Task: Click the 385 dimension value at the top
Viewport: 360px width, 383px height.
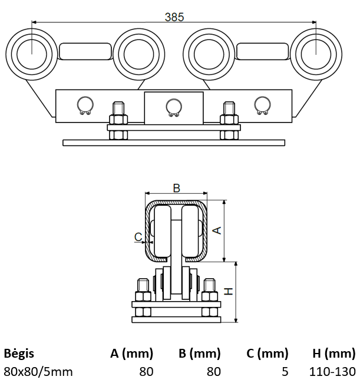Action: (174, 17)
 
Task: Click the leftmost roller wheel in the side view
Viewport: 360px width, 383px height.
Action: (31, 52)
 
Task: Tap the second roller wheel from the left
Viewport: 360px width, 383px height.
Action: (137, 52)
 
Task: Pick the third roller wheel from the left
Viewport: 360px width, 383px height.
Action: (209, 52)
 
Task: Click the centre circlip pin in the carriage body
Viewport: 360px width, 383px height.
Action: (173, 106)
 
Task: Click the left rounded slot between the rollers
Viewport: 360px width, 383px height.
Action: (85, 51)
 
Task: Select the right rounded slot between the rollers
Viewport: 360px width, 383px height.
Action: (263, 51)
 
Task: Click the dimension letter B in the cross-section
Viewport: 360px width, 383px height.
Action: (176, 188)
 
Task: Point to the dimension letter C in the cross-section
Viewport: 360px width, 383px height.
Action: (138, 237)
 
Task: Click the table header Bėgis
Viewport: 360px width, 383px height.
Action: (19, 354)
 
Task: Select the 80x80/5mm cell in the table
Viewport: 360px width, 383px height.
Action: (38, 371)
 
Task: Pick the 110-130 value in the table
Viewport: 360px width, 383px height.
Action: (332, 371)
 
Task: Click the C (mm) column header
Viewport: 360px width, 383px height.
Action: (267, 354)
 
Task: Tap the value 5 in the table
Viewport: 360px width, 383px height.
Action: (285, 371)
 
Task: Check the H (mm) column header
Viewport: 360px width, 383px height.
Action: (333, 354)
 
